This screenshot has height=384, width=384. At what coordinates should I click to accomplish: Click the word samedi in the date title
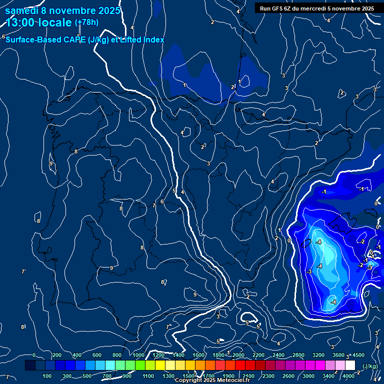pos(22,10)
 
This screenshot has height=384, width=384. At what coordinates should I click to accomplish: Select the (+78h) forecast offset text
pos(86,22)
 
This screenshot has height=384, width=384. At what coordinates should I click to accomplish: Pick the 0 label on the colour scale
pos(34,355)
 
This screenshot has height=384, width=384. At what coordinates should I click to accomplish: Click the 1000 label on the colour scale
pos(138,355)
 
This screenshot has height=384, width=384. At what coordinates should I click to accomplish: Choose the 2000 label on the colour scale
pos(238,355)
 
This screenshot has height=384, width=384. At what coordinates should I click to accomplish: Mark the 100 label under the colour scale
pos(47,376)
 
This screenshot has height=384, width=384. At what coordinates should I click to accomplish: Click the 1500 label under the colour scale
pos(188,376)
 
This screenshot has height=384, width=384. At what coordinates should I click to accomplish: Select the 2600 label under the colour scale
pos(288,376)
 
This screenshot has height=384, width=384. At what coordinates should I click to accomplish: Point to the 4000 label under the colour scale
pos(348,376)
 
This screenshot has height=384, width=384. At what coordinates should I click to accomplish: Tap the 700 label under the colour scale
pos(107,376)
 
